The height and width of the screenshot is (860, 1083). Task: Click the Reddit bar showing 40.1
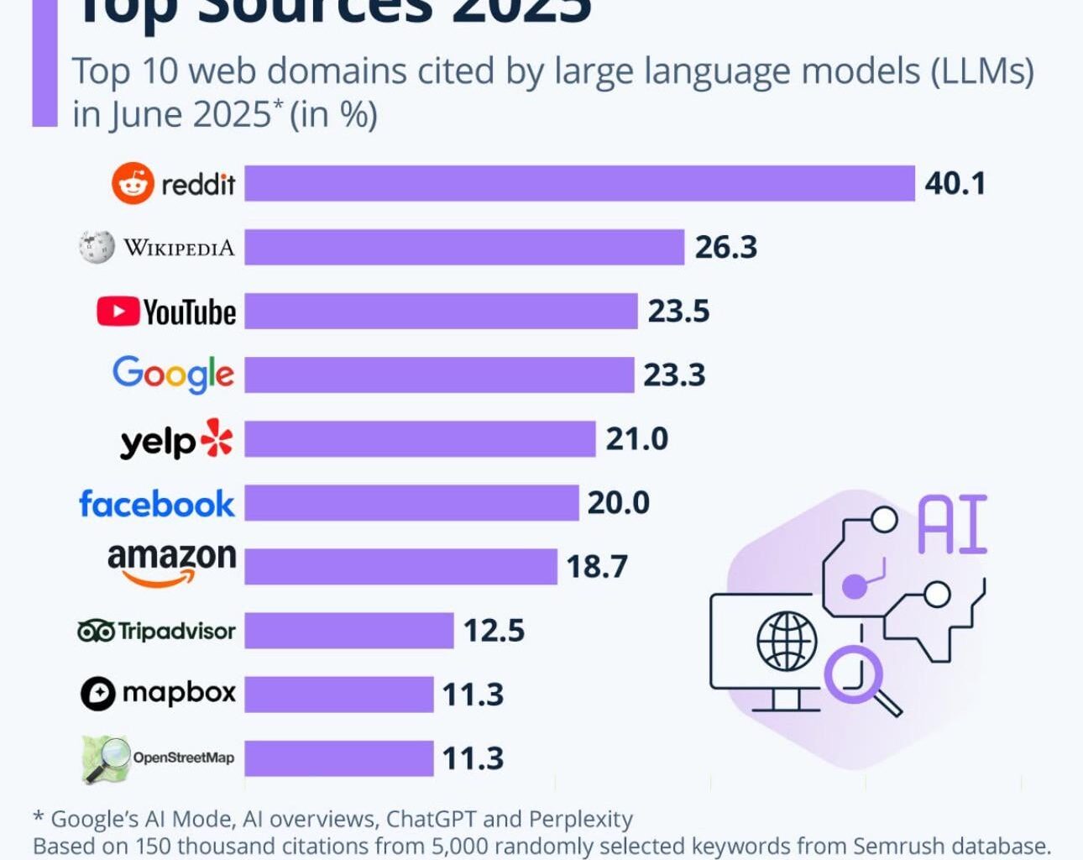[579, 183]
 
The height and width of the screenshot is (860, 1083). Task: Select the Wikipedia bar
[464, 248]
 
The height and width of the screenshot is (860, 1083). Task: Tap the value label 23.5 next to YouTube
[678, 312]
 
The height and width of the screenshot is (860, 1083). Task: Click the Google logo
[173, 374]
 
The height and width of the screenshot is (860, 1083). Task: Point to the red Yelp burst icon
[217, 438]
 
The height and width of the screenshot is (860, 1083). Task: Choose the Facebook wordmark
[157, 504]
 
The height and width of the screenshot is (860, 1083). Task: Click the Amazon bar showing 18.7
[400, 566]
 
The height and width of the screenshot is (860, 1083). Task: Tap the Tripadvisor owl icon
[96, 631]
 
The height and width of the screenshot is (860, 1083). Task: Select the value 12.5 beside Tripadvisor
[494, 631]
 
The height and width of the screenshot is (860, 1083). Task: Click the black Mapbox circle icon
[97, 694]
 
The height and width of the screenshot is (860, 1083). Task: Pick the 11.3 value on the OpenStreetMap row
[473, 758]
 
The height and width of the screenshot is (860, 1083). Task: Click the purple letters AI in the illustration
[952, 525]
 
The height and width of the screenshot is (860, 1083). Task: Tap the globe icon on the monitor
[787, 641]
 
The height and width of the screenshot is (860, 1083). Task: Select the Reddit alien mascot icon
[133, 183]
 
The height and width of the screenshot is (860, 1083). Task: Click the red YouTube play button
[118, 312]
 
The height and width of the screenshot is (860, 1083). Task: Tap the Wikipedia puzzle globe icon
[97, 247]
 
